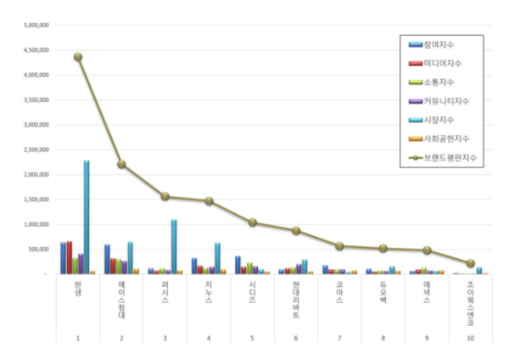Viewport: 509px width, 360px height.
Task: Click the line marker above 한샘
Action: (x=78, y=57)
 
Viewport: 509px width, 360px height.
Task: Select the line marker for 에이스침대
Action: (x=122, y=164)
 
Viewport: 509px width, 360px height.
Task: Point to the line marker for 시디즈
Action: (x=253, y=222)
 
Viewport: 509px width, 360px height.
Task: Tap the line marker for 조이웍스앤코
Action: (x=471, y=263)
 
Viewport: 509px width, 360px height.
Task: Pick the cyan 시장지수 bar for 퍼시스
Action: (x=174, y=246)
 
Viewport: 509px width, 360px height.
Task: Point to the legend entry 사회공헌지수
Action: (x=445, y=138)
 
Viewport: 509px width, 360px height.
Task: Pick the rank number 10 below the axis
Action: (x=471, y=339)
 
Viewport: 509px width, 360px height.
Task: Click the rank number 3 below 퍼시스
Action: (x=165, y=339)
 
